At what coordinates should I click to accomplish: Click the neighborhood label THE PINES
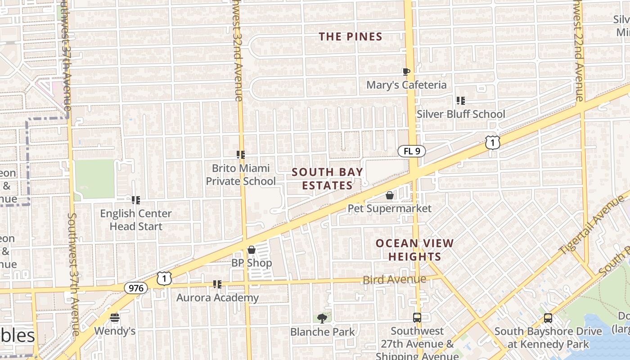351,37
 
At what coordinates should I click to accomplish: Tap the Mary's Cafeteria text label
406,85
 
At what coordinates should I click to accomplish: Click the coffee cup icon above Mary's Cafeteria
406,72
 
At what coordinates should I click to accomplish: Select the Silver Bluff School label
461,114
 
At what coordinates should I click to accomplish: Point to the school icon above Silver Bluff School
460,101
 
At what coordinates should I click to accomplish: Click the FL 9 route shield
411,151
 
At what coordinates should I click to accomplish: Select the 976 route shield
135,288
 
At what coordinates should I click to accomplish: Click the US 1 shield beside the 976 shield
164,279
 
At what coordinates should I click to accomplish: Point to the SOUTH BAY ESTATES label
327,179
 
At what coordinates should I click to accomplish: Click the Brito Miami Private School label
241,175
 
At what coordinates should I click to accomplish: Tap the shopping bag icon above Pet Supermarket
390,195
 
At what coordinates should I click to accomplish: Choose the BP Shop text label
252,263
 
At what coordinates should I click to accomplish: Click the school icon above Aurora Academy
217,284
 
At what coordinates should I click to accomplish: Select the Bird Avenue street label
394,280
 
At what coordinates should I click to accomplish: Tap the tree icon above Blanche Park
322,319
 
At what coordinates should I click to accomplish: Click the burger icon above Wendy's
115,318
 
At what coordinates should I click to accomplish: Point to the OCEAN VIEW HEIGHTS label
414,250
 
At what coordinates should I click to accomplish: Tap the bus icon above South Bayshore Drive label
548,318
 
